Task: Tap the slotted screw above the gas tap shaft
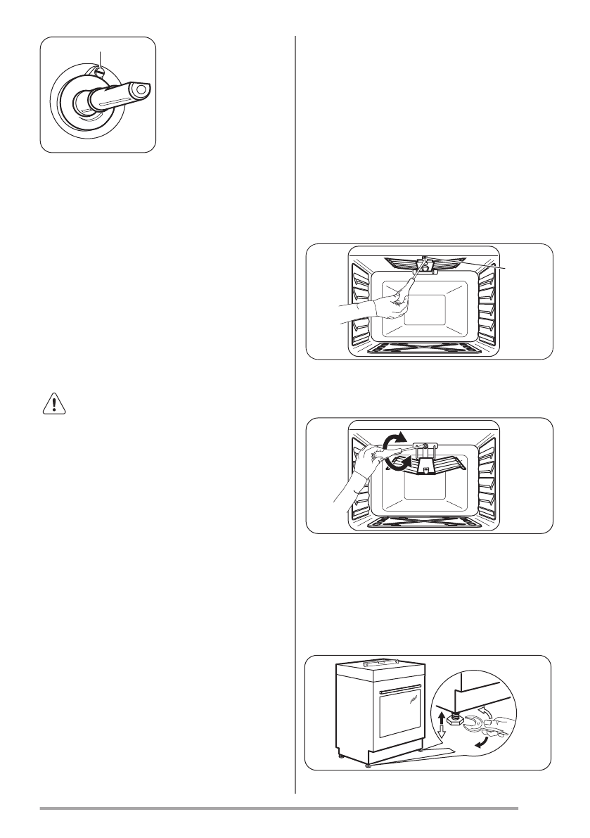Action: [x=100, y=71]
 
